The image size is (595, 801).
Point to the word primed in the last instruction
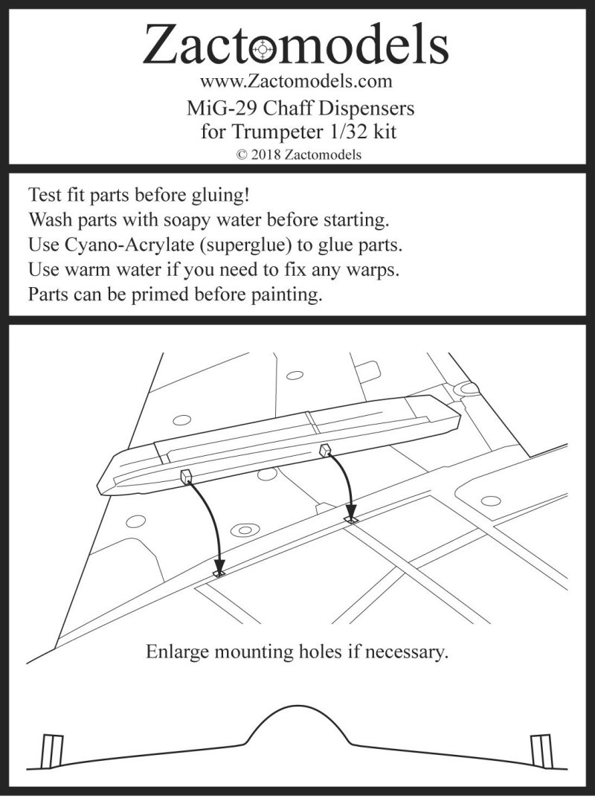[177, 294]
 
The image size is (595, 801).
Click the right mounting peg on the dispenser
[324, 449]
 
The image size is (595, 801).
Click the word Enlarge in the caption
[177, 653]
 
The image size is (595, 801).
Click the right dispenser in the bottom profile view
[540, 750]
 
